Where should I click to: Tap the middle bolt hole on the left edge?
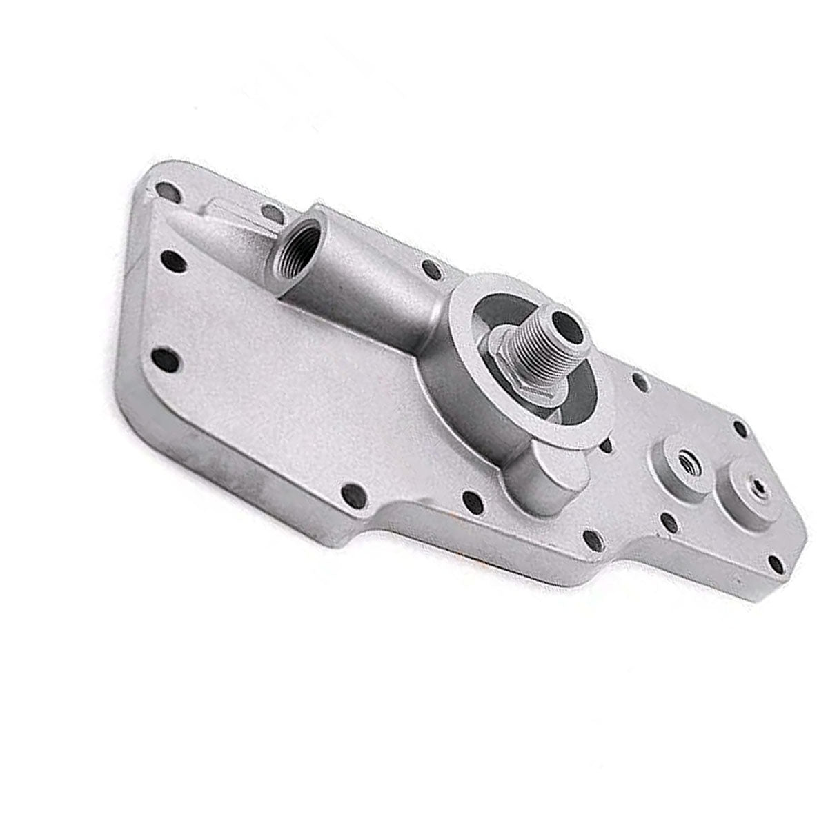pyautogui.click(x=170, y=262)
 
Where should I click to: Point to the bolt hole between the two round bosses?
pyautogui.click(x=668, y=522)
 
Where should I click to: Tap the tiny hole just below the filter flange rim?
pyautogui.click(x=606, y=447)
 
